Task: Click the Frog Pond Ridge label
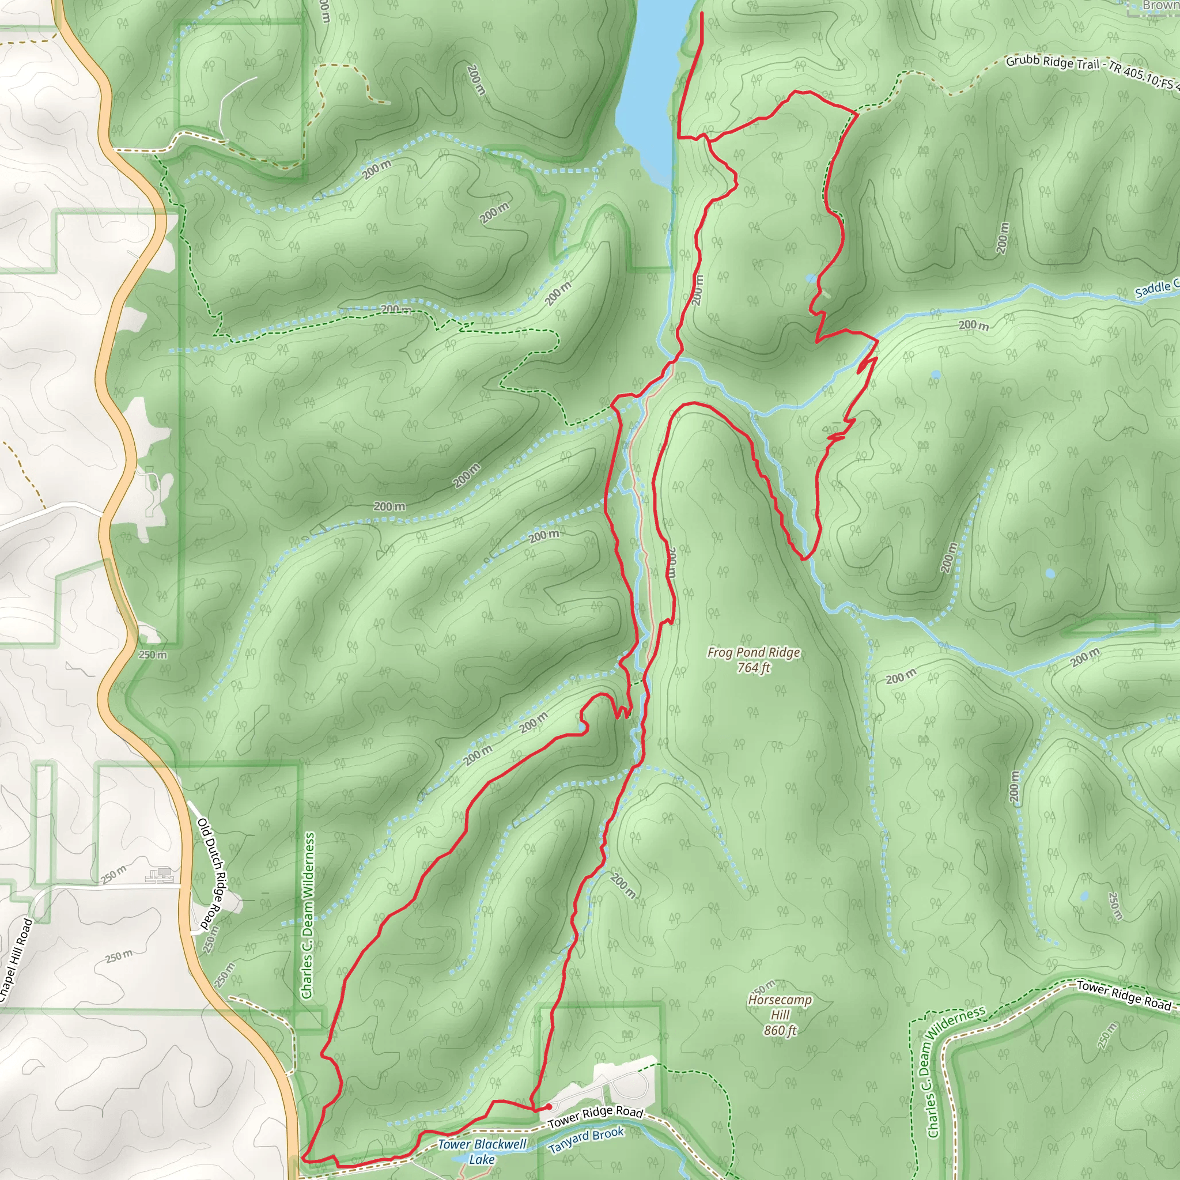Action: coord(753,652)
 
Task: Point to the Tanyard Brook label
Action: coord(586,1140)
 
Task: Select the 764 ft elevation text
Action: coord(753,668)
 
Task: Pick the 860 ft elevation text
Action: coord(780,1030)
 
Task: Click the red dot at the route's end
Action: coord(549,1107)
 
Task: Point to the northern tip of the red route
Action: coord(702,13)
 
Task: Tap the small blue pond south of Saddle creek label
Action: coord(935,375)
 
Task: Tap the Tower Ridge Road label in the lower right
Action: coord(1123,995)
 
